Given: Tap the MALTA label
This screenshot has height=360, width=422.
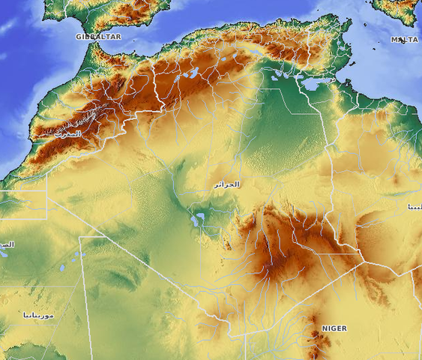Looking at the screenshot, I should coord(405,39).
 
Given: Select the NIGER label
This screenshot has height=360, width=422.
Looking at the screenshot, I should coord(334,328).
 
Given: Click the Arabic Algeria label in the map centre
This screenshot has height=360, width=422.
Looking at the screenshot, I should coord(226,184).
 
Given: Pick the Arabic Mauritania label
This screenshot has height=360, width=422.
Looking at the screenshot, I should coord(38,315).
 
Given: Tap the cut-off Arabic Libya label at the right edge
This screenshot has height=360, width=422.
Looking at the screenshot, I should coord(414,205).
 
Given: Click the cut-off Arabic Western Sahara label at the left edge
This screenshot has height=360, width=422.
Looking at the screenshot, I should coord(6,244).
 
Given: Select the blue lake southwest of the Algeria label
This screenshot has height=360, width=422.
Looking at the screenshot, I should coord(198,220).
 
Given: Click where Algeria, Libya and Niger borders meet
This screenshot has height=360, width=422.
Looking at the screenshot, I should coord(365,262).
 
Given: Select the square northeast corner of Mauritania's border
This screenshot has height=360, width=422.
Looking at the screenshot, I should coord(80,238).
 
